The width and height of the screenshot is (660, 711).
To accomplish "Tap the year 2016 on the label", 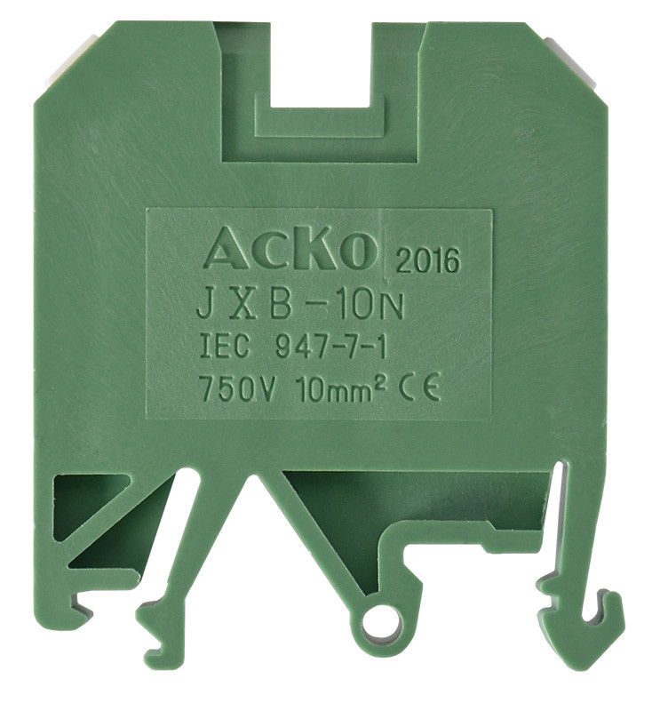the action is (428, 260).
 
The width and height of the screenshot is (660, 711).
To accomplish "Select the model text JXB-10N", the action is (300, 307).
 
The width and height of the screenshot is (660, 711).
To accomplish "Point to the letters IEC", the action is (225, 347).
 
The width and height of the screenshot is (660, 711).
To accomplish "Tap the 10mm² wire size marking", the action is (340, 389).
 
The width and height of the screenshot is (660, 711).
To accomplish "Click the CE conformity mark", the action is (419, 389).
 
